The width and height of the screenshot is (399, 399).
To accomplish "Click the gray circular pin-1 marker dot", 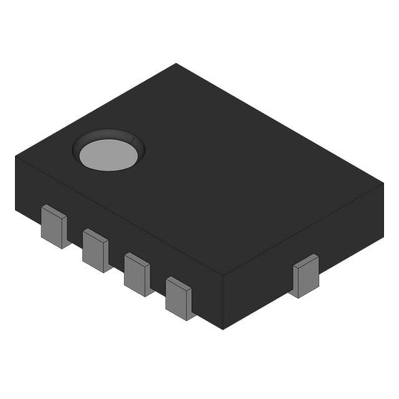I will click(109, 153).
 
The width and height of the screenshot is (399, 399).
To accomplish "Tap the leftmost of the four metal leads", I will click(55, 226).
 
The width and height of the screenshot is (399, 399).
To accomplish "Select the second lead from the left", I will click(96, 250).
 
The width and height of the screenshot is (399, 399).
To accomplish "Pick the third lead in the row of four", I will click(138, 274).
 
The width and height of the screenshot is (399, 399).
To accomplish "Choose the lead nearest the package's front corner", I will click(180, 298).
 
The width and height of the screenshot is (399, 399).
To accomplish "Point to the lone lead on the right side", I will click(305, 275).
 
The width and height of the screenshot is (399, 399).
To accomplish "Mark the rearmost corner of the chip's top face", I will click(177, 64).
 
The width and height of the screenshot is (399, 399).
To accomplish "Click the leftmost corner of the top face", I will click(16, 156).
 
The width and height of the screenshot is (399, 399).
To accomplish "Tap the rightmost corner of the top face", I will click(383, 183).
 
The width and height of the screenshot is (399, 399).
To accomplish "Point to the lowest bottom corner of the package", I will click(223, 329).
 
